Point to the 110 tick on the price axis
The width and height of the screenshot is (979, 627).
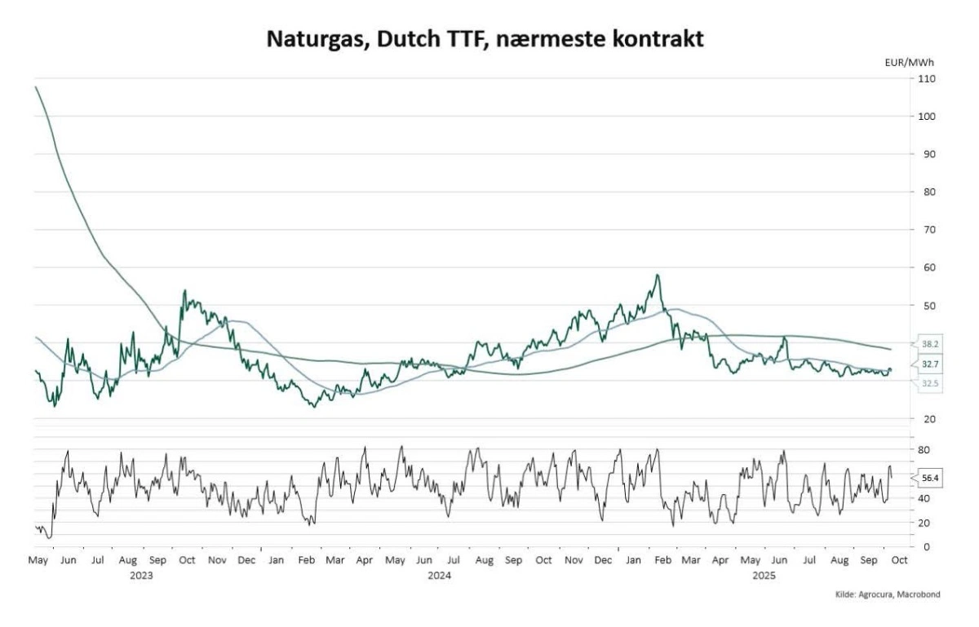(x=926, y=78)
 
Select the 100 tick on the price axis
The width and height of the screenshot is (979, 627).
(x=926, y=117)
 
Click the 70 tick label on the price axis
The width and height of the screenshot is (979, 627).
(x=926, y=230)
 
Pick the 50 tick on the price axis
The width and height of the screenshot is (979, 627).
(x=926, y=306)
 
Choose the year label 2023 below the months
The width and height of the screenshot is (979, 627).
(x=142, y=575)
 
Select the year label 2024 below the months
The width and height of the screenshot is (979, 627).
(x=440, y=575)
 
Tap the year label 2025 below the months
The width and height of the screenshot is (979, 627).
(x=764, y=575)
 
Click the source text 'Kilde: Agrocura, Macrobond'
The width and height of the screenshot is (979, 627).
(x=887, y=594)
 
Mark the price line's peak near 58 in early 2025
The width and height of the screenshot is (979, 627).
(x=657, y=276)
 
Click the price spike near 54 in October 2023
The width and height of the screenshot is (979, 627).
(x=185, y=291)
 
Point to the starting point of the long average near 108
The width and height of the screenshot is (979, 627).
(x=35, y=86)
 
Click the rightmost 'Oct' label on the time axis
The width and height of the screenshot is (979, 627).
(x=896, y=561)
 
